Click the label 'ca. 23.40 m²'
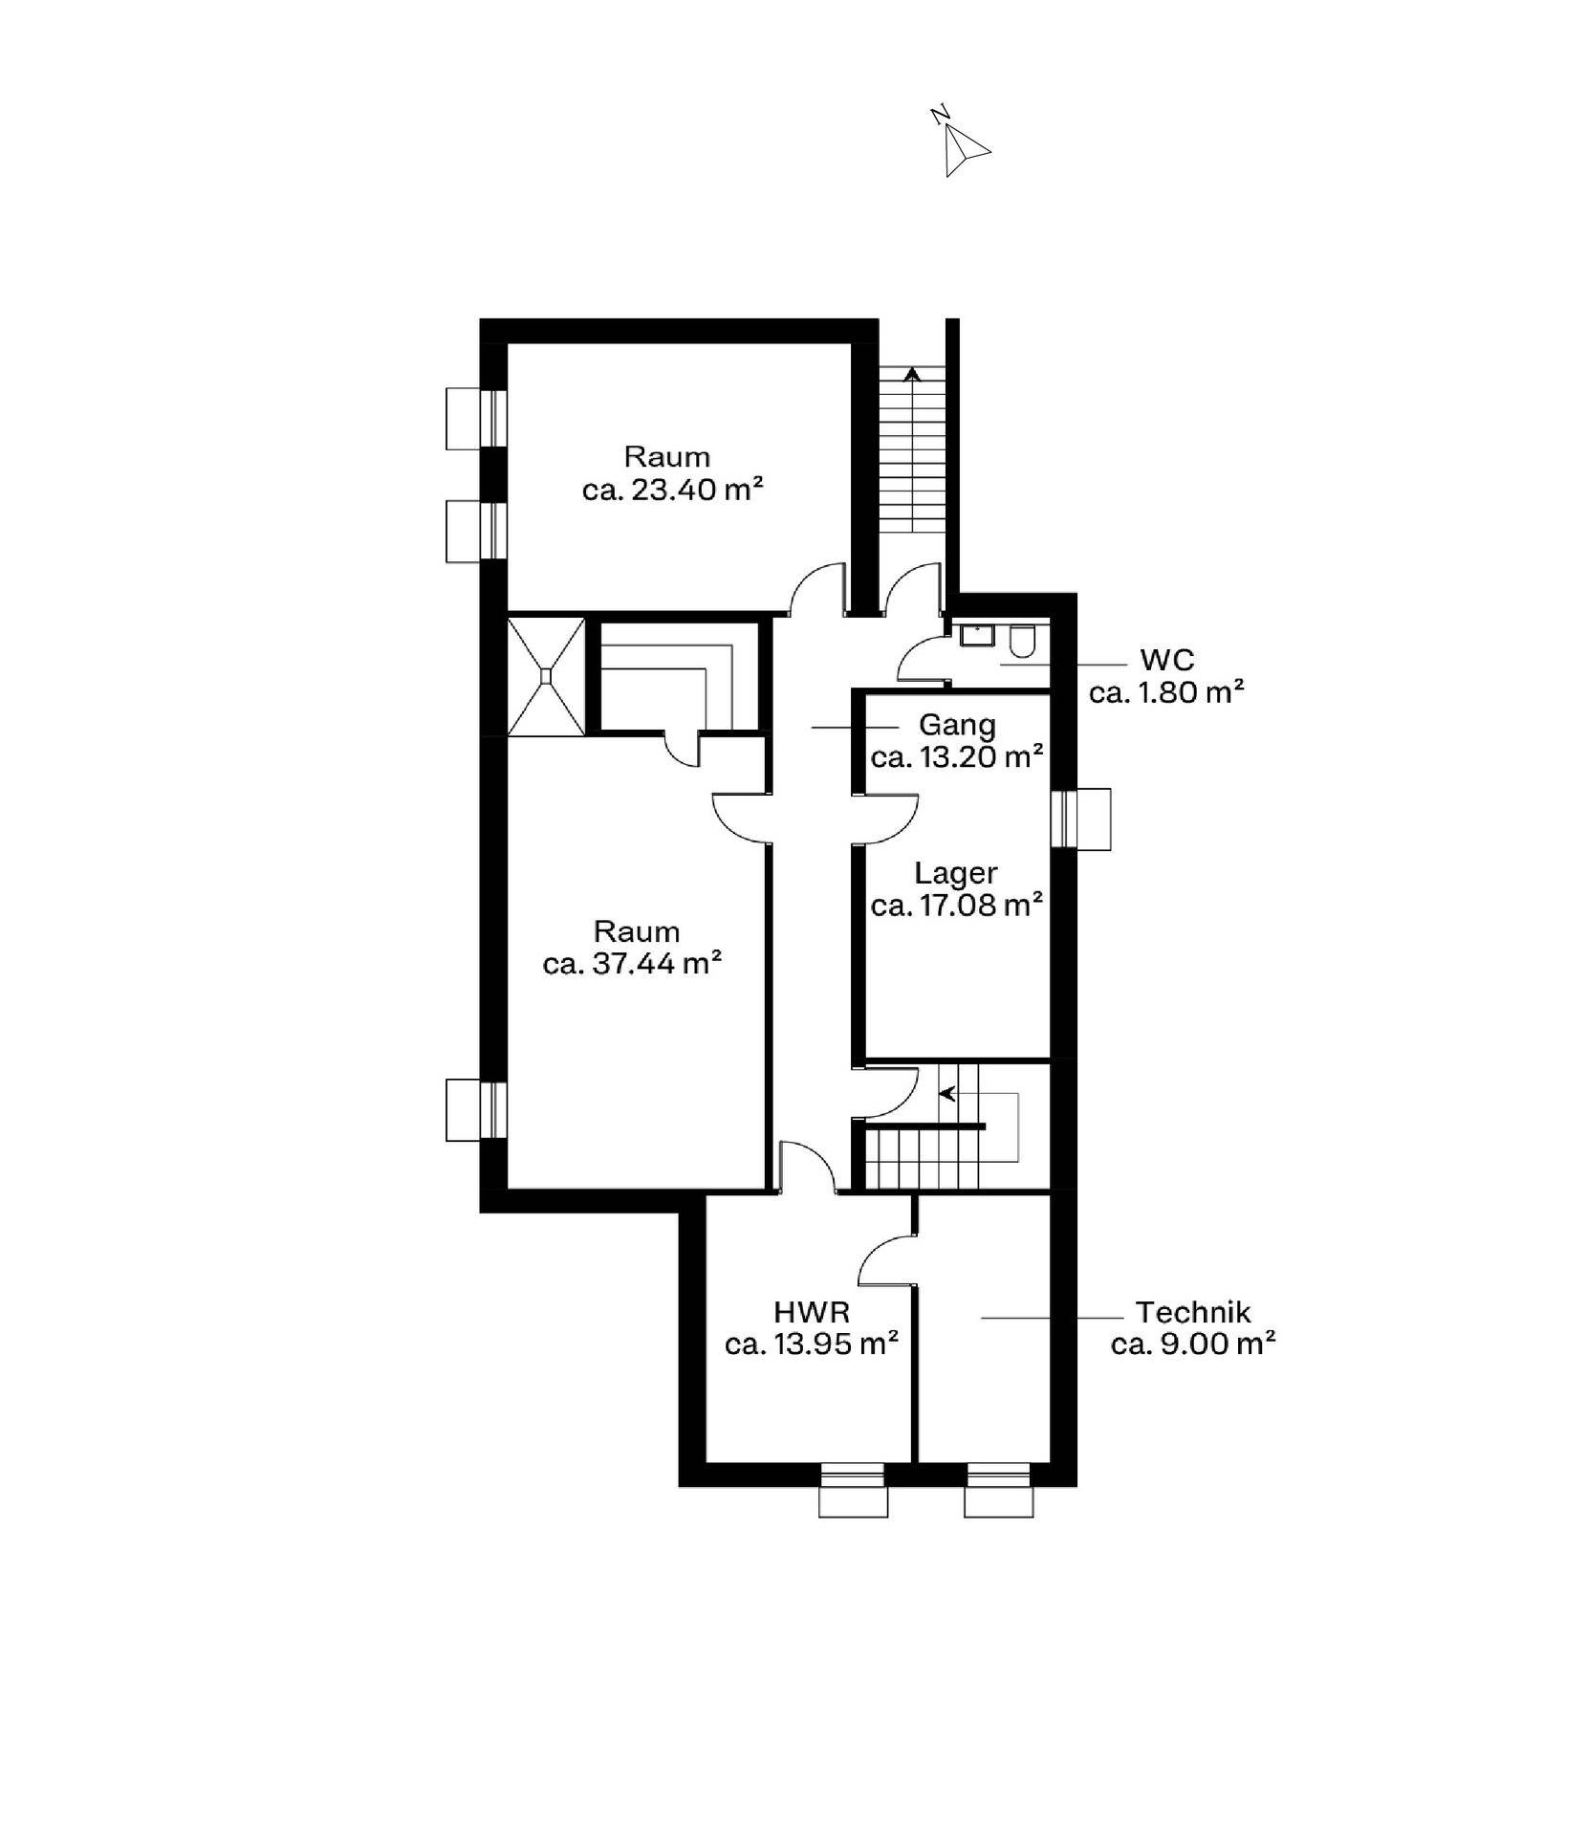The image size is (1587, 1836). pos(672,490)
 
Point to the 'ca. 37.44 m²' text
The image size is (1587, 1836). pos(632,964)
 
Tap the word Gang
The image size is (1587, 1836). pos(957,726)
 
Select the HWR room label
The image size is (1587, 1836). pos(812,1312)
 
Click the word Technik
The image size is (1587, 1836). pos(1192,1312)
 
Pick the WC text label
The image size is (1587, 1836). pos(1166,660)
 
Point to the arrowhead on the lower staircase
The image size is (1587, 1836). pos(947,1094)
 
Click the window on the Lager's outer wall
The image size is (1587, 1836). pos(1081,819)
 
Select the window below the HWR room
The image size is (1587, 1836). pos(853,1490)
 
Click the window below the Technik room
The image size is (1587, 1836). pos(998,1490)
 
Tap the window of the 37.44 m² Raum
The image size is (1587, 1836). pos(476,1110)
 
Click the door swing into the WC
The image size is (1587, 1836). pos(922,659)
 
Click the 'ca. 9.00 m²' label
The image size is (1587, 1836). pos(1193,1344)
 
